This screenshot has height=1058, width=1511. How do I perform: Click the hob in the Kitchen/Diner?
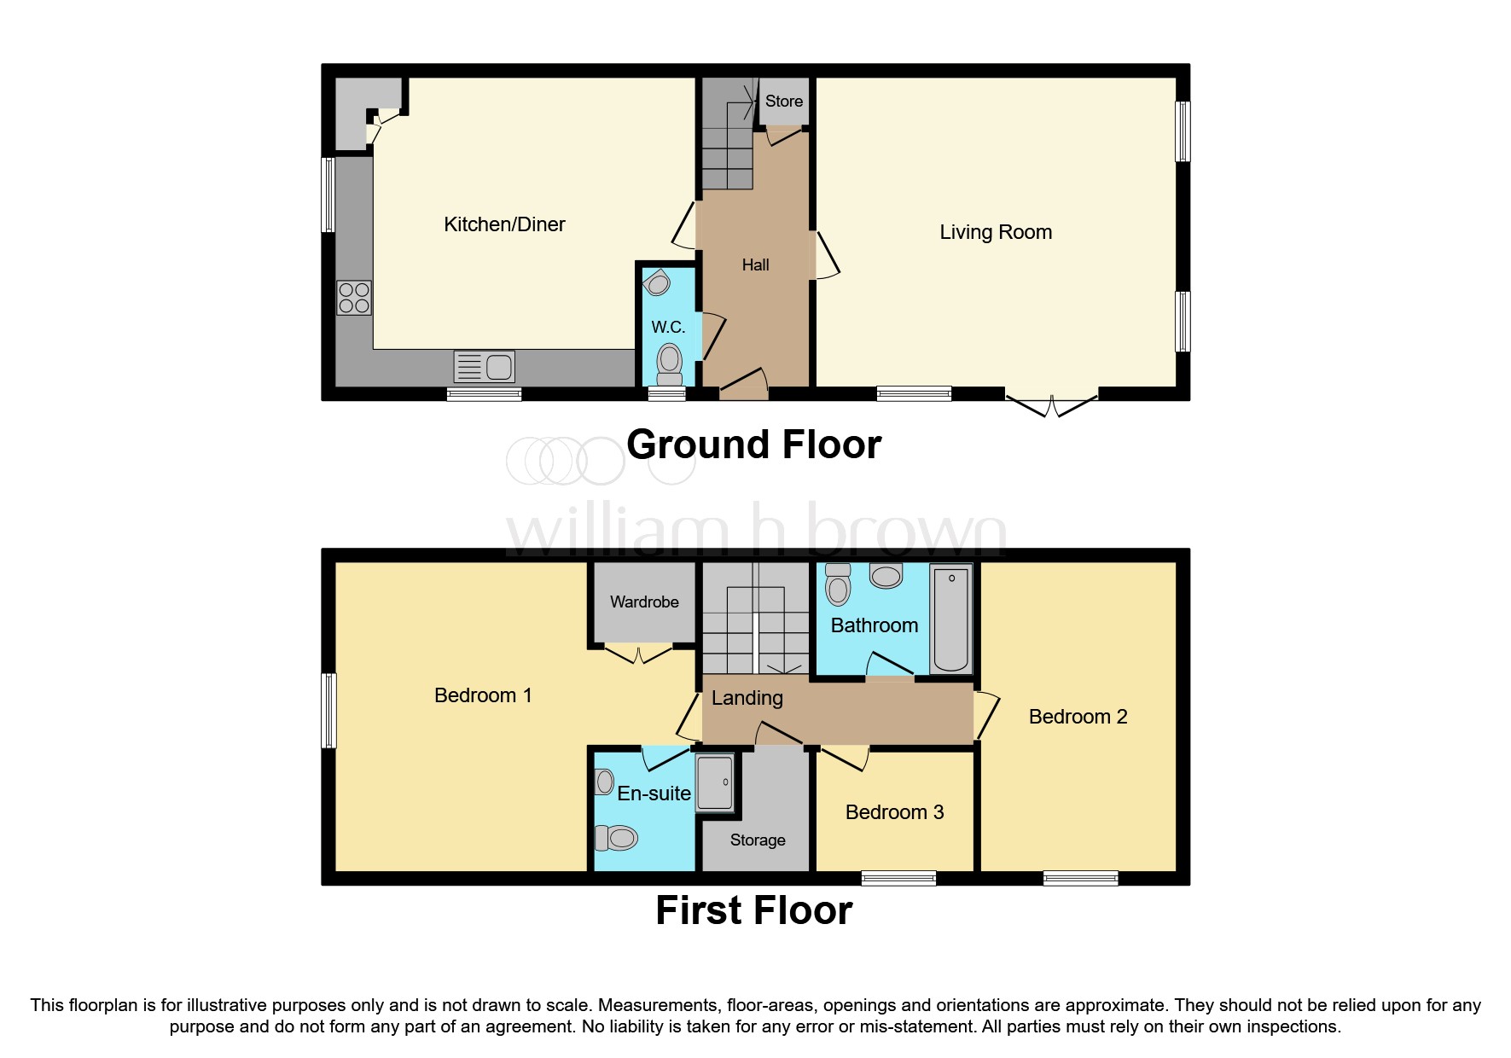click(354, 299)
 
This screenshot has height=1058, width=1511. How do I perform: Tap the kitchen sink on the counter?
click(484, 367)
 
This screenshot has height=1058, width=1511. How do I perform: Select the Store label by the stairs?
click(783, 102)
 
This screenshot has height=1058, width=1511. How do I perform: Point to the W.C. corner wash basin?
click(657, 282)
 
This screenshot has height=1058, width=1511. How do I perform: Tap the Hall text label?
click(755, 265)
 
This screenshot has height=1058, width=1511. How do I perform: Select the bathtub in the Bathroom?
click(950, 619)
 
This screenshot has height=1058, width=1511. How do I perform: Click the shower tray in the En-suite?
click(715, 782)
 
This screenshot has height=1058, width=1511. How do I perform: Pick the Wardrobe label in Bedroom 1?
click(644, 602)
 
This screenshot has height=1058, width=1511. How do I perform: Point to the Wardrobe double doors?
click(639, 654)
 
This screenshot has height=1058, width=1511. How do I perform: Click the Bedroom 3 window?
click(898, 878)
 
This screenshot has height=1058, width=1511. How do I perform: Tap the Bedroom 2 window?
click(1080, 878)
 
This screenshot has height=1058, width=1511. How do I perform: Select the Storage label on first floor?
click(758, 840)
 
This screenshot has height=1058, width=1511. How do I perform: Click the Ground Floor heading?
click(753, 445)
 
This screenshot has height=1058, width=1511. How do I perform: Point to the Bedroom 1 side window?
click(328, 711)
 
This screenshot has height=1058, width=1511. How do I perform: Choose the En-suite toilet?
click(617, 838)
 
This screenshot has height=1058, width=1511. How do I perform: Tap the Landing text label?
click(747, 698)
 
